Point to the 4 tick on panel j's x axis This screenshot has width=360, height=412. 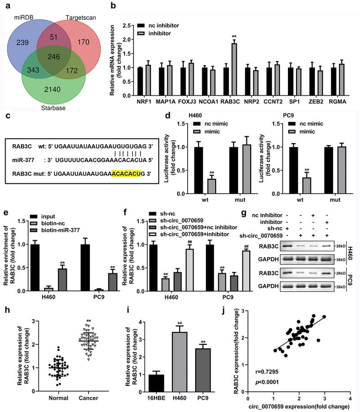pos(350,398)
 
